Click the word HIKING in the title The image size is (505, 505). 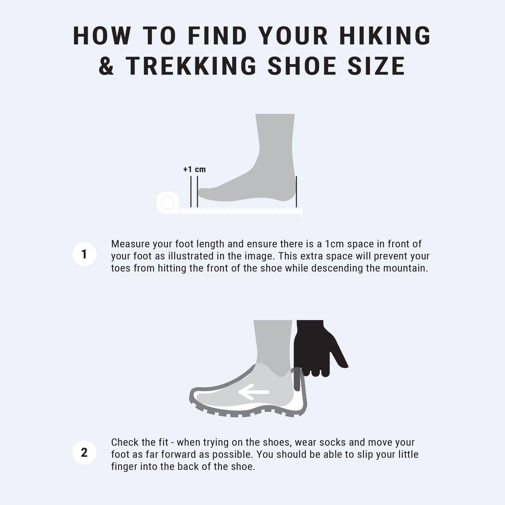pos(385,36)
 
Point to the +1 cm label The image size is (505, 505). pos(195,169)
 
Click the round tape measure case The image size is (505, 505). pos(168,203)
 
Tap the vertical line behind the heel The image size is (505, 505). pos(296,192)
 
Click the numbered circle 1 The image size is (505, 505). pos(84,254)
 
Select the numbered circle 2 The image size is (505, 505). pos(84,453)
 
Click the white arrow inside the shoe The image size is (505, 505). pos(254,392)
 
